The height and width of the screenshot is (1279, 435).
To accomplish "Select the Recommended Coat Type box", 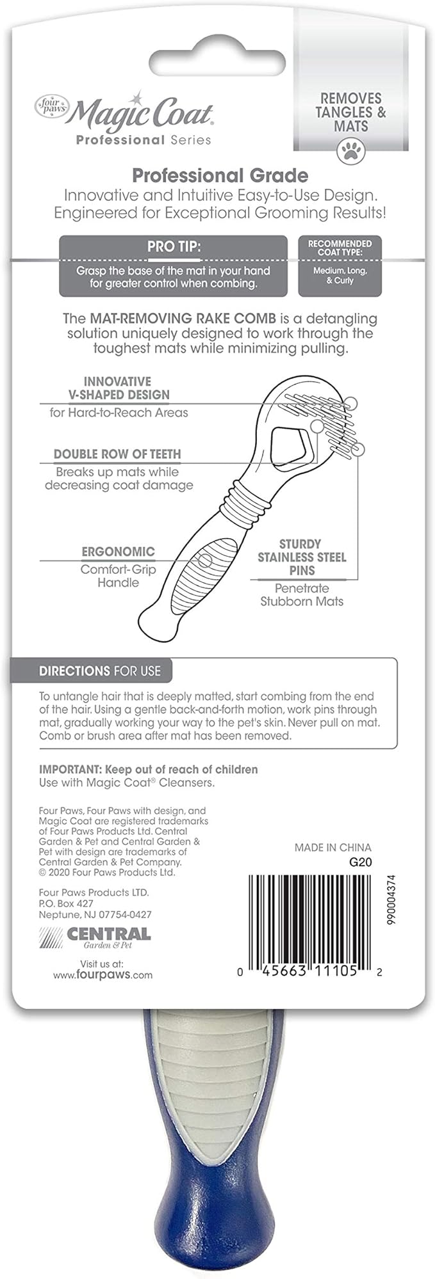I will pyautogui.click(x=340, y=266).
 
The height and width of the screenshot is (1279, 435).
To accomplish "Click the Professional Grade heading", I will pyautogui.click(x=220, y=175).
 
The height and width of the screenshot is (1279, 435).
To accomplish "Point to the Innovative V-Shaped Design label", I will pyautogui.click(x=118, y=388).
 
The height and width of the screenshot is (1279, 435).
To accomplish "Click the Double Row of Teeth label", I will pyautogui.click(x=117, y=454).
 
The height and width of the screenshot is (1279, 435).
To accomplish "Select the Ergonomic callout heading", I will pyautogui.click(x=118, y=552).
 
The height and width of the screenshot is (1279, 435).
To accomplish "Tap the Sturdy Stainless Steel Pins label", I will pyautogui.click(x=301, y=557).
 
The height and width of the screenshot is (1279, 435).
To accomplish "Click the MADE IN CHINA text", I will pyautogui.click(x=332, y=847).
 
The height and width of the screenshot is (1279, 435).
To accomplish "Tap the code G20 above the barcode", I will pyautogui.click(x=360, y=862).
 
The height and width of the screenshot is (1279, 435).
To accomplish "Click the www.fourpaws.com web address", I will pyautogui.click(x=103, y=975).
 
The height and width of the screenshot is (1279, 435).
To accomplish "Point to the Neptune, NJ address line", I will pyautogui.click(x=95, y=915).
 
